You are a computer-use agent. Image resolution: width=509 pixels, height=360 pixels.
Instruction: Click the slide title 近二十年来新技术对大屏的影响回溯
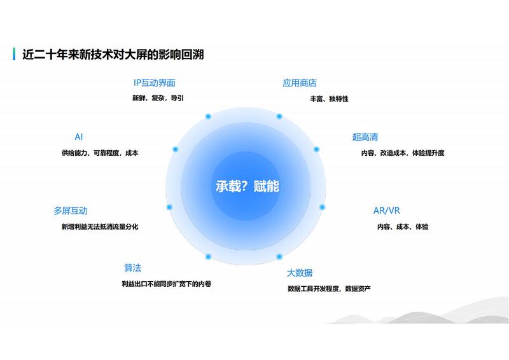[113, 54]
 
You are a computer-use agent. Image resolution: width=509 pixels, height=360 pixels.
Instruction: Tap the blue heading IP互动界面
[155, 83]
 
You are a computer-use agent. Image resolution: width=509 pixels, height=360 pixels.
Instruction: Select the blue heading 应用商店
[299, 83]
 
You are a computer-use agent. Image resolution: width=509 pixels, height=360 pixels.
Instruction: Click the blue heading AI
[78, 137]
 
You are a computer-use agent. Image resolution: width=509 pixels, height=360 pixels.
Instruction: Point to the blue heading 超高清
[365, 137]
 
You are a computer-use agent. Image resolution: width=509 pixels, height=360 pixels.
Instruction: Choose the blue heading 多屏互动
[71, 211]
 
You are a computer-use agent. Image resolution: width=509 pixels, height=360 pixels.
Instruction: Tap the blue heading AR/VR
[386, 211]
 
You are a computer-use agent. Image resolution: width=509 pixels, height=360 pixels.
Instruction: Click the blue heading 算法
[133, 268]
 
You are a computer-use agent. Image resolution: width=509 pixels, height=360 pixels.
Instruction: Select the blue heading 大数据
[299, 273]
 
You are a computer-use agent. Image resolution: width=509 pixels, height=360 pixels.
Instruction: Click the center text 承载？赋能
[248, 186]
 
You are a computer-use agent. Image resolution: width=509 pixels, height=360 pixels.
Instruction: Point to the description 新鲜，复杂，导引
[158, 98]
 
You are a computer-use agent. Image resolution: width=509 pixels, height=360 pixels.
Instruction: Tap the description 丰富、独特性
[329, 99]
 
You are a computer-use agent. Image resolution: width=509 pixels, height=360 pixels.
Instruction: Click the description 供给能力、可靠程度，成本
[100, 153]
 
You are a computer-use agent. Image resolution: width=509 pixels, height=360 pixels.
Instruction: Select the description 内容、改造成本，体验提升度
[403, 153]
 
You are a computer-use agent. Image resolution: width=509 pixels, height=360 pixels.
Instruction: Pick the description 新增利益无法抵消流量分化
[100, 226]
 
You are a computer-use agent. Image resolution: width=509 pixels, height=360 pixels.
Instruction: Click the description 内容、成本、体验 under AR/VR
[403, 226]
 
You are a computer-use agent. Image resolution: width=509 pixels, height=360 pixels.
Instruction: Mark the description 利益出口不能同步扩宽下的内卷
[167, 284]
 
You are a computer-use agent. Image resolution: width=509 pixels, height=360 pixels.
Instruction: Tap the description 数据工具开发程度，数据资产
[329, 289]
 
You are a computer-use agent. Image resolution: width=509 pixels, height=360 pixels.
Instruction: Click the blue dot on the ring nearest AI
[176, 149]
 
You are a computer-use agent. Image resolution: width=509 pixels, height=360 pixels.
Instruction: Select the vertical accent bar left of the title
[14, 54]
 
